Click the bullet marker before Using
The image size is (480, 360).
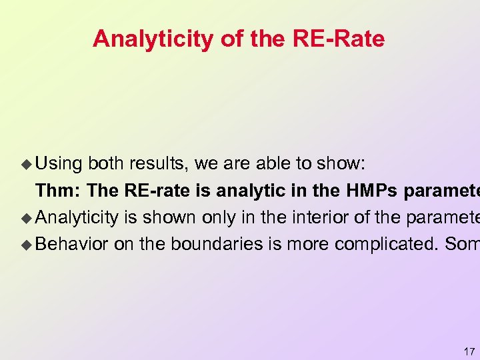tap(27, 163)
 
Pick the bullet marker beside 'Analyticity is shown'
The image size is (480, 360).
tap(27, 217)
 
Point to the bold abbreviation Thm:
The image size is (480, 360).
tap(58, 190)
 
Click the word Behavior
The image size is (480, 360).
tap(72, 243)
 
